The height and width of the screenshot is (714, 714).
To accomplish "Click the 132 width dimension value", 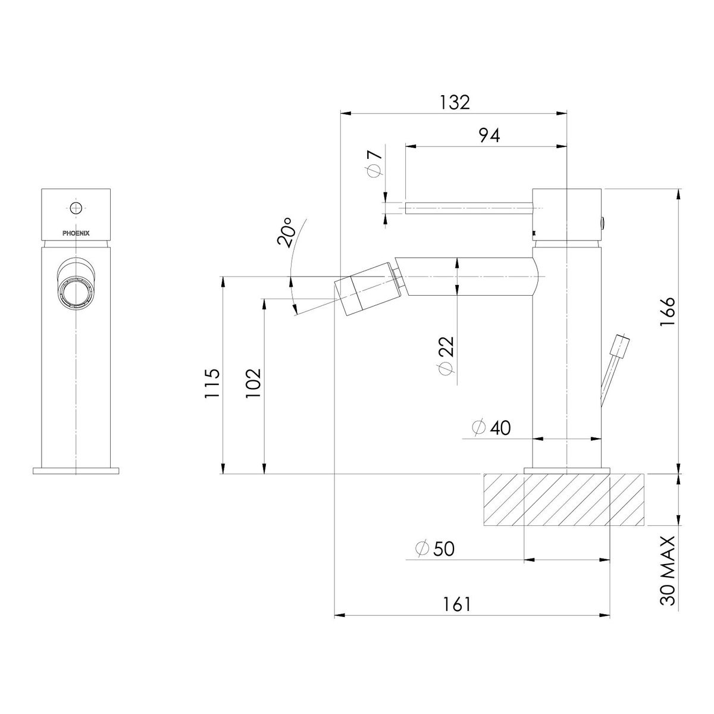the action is click(455, 102).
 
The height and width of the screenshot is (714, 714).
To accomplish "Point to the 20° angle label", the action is click(286, 231).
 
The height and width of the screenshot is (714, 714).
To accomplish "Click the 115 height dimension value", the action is click(212, 383).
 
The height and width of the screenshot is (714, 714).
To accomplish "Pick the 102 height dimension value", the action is click(254, 383).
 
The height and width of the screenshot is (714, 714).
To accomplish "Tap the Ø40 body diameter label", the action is click(491, 428).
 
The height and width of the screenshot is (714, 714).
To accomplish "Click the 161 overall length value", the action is click(456, 605).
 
